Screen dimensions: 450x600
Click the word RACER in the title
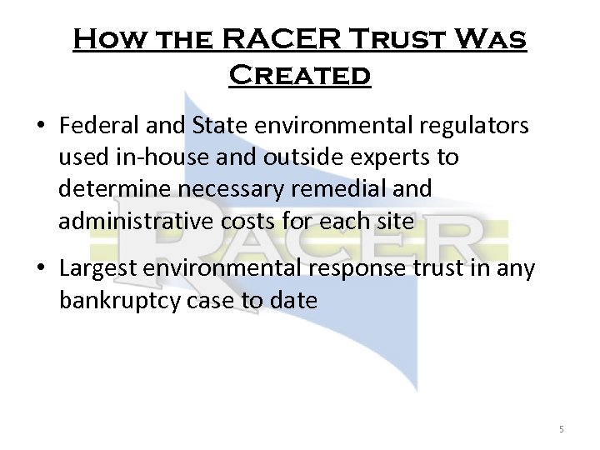[x=278, y=41]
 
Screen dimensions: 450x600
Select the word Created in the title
[x=299, y=76]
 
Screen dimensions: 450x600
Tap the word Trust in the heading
[x=402, y=41]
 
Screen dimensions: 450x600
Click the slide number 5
[x=562, y=429]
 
